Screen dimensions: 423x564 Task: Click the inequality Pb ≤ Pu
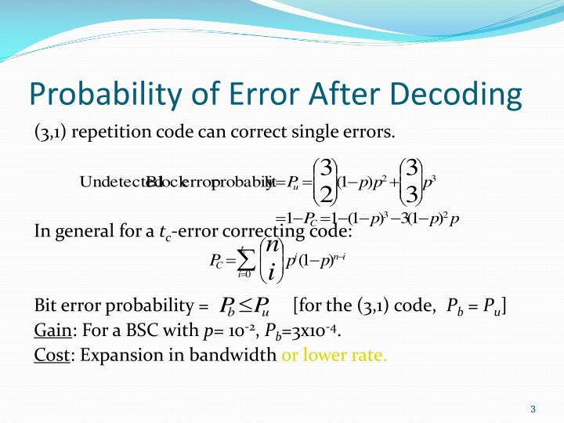[x=244, y=305]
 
